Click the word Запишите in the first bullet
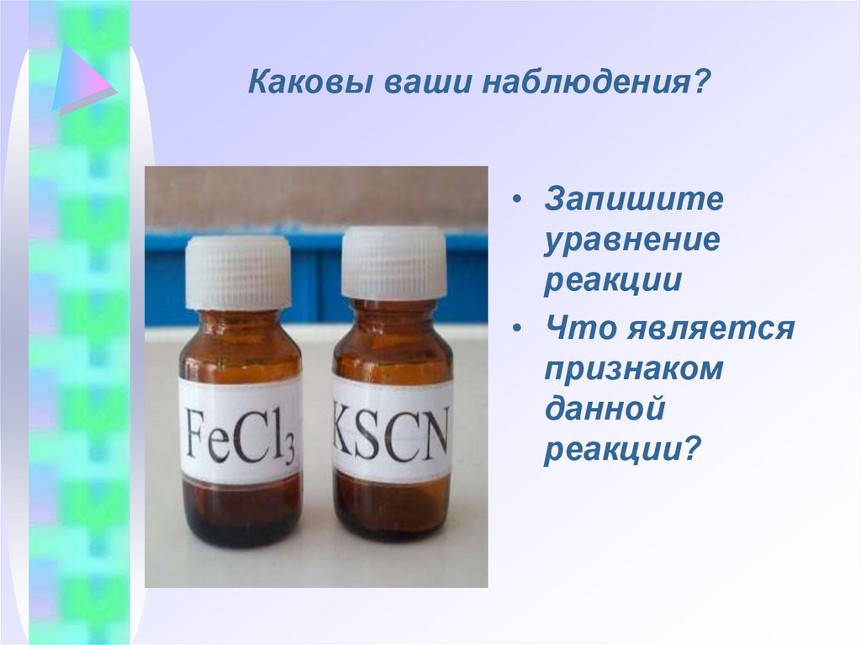[633, 201]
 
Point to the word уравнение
[631, 241]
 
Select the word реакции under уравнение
[612, 280]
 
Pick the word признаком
[632, 368]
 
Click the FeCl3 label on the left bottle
[240, 431]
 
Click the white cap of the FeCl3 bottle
[239, 272]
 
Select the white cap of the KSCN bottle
[394, 262]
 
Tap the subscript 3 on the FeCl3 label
[288, 452]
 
